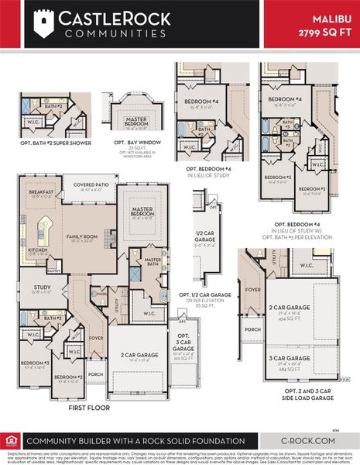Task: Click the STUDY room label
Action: coord(41,288)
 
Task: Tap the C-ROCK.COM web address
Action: coord(314,440)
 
